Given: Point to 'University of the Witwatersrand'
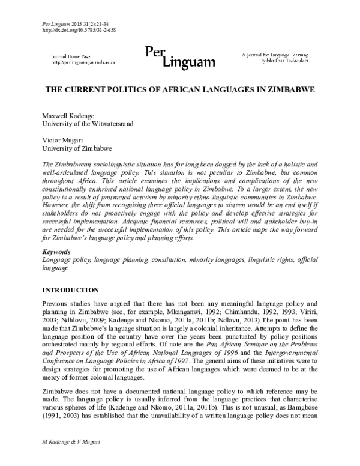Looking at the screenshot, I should click(87, 124).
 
